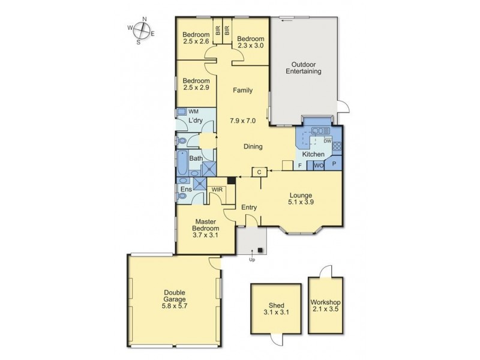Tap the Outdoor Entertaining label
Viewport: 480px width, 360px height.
pyautogui.click(x=306, y=68)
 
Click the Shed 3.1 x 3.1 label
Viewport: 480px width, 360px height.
pyautogui.click(x=272, y=308)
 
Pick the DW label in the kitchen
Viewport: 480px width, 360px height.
pyautogui.click(x=328, y=142)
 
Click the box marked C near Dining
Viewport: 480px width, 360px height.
pyautogui.click(x=259, y=172)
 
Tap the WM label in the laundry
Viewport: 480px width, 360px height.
pyautogui.click(x=193, y=112)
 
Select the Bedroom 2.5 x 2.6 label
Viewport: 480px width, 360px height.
pyautogui.click(x=196, y=38)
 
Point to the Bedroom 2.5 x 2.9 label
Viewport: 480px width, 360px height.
pyautogui.click(x=196, y=85)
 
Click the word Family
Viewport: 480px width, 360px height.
pyautogui.click(x=242, y=91)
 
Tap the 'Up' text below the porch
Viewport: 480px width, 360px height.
pyautogui.click(x=253, y=259)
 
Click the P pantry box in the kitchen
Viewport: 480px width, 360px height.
pyautogui.click(x=334, y=164)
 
